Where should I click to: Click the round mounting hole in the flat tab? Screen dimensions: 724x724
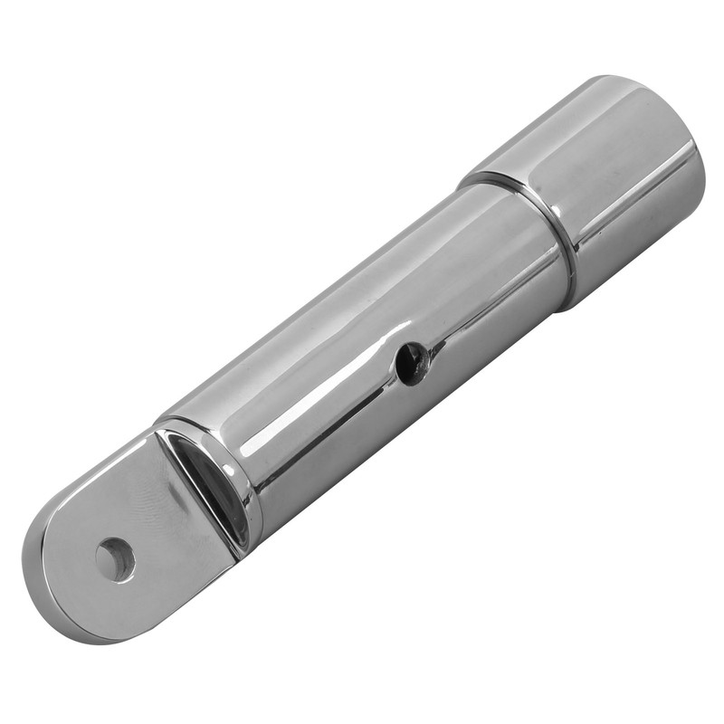click(x=115, y=559)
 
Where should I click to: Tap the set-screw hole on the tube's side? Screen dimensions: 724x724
click(x=411, y=363)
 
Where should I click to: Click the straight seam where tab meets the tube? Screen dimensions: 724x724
click(x=195, y=493)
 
